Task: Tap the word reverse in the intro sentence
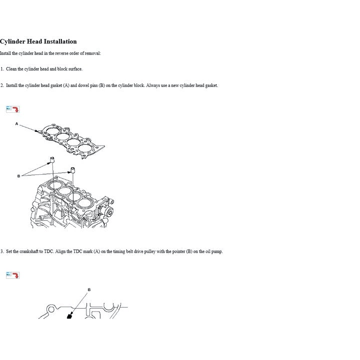point(57,53)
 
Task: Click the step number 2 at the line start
point(1,85)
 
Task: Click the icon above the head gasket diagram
point(12,109)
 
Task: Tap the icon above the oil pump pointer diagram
point(12,275)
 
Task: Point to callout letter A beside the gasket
point(16,123)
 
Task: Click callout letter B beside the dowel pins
point(18,176)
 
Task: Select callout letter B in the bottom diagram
point(89,290)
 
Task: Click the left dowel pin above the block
point(50,160)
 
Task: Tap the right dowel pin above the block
point(72,170)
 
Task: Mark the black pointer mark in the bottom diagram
point(68,317)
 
